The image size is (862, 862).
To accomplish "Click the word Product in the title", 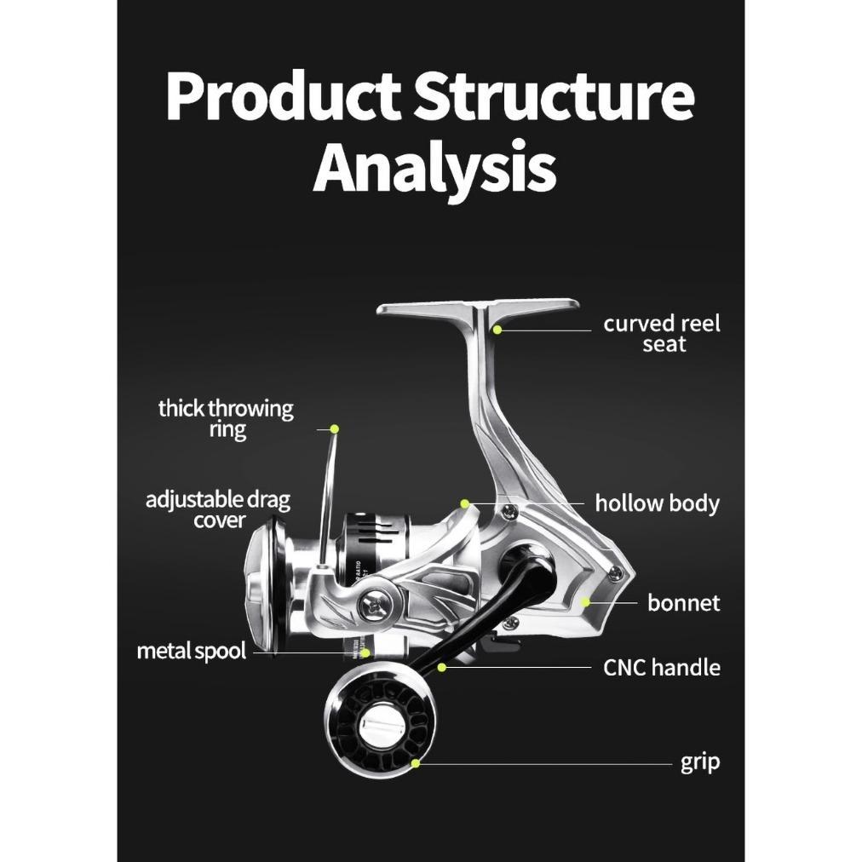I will (x=281, y=95).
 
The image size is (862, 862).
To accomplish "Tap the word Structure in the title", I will (x=553, y=95).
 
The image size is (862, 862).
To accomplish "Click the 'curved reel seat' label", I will (x=662, y=334).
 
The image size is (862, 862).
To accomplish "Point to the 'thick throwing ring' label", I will (x=226, y=418).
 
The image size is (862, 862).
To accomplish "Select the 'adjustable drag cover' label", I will (x=218, y=509).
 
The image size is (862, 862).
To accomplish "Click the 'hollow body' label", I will (x=657, y=503).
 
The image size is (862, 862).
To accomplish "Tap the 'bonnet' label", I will (x=683, y=603).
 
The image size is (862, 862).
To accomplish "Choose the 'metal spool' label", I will (x=192, y=652).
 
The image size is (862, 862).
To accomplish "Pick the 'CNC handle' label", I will (x=662, y=667).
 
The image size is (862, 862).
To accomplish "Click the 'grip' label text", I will (x=700, y=761).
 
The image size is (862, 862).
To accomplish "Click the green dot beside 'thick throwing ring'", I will (x=335, y=428).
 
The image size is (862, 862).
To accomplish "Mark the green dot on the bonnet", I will (x=586, y=602).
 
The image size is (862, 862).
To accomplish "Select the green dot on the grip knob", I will (x=416, y=762).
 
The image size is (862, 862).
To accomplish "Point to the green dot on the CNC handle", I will (x=442, y=667).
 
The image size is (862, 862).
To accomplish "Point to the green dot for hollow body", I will (x=464, y=503).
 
